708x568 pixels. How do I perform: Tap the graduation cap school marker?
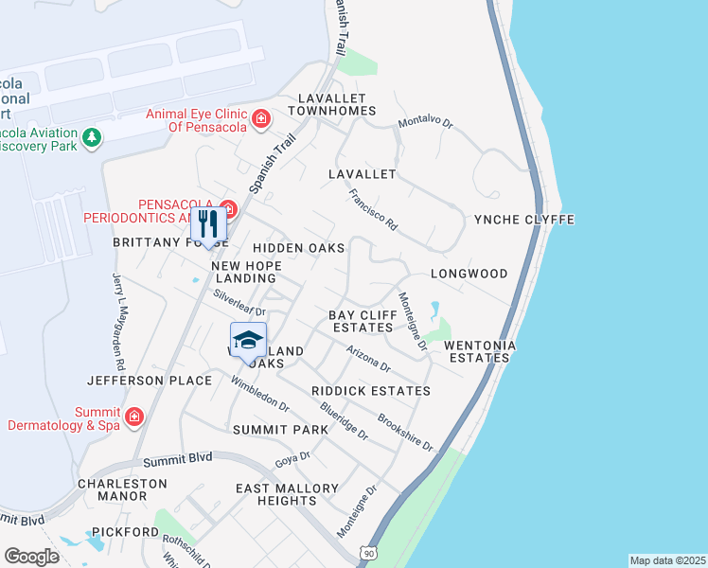248,341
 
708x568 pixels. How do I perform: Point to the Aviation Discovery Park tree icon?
92,138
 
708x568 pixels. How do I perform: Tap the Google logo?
31,557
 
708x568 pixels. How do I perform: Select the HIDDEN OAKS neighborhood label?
297,248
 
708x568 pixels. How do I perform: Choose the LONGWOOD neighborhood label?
469,274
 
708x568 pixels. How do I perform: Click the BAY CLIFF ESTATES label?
361,321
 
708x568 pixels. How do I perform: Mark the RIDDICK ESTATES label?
370,391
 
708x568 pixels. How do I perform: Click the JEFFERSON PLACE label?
150,381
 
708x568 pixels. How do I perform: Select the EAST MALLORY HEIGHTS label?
281,494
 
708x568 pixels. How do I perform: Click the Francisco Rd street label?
371,211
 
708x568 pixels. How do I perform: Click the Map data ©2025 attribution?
667,559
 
